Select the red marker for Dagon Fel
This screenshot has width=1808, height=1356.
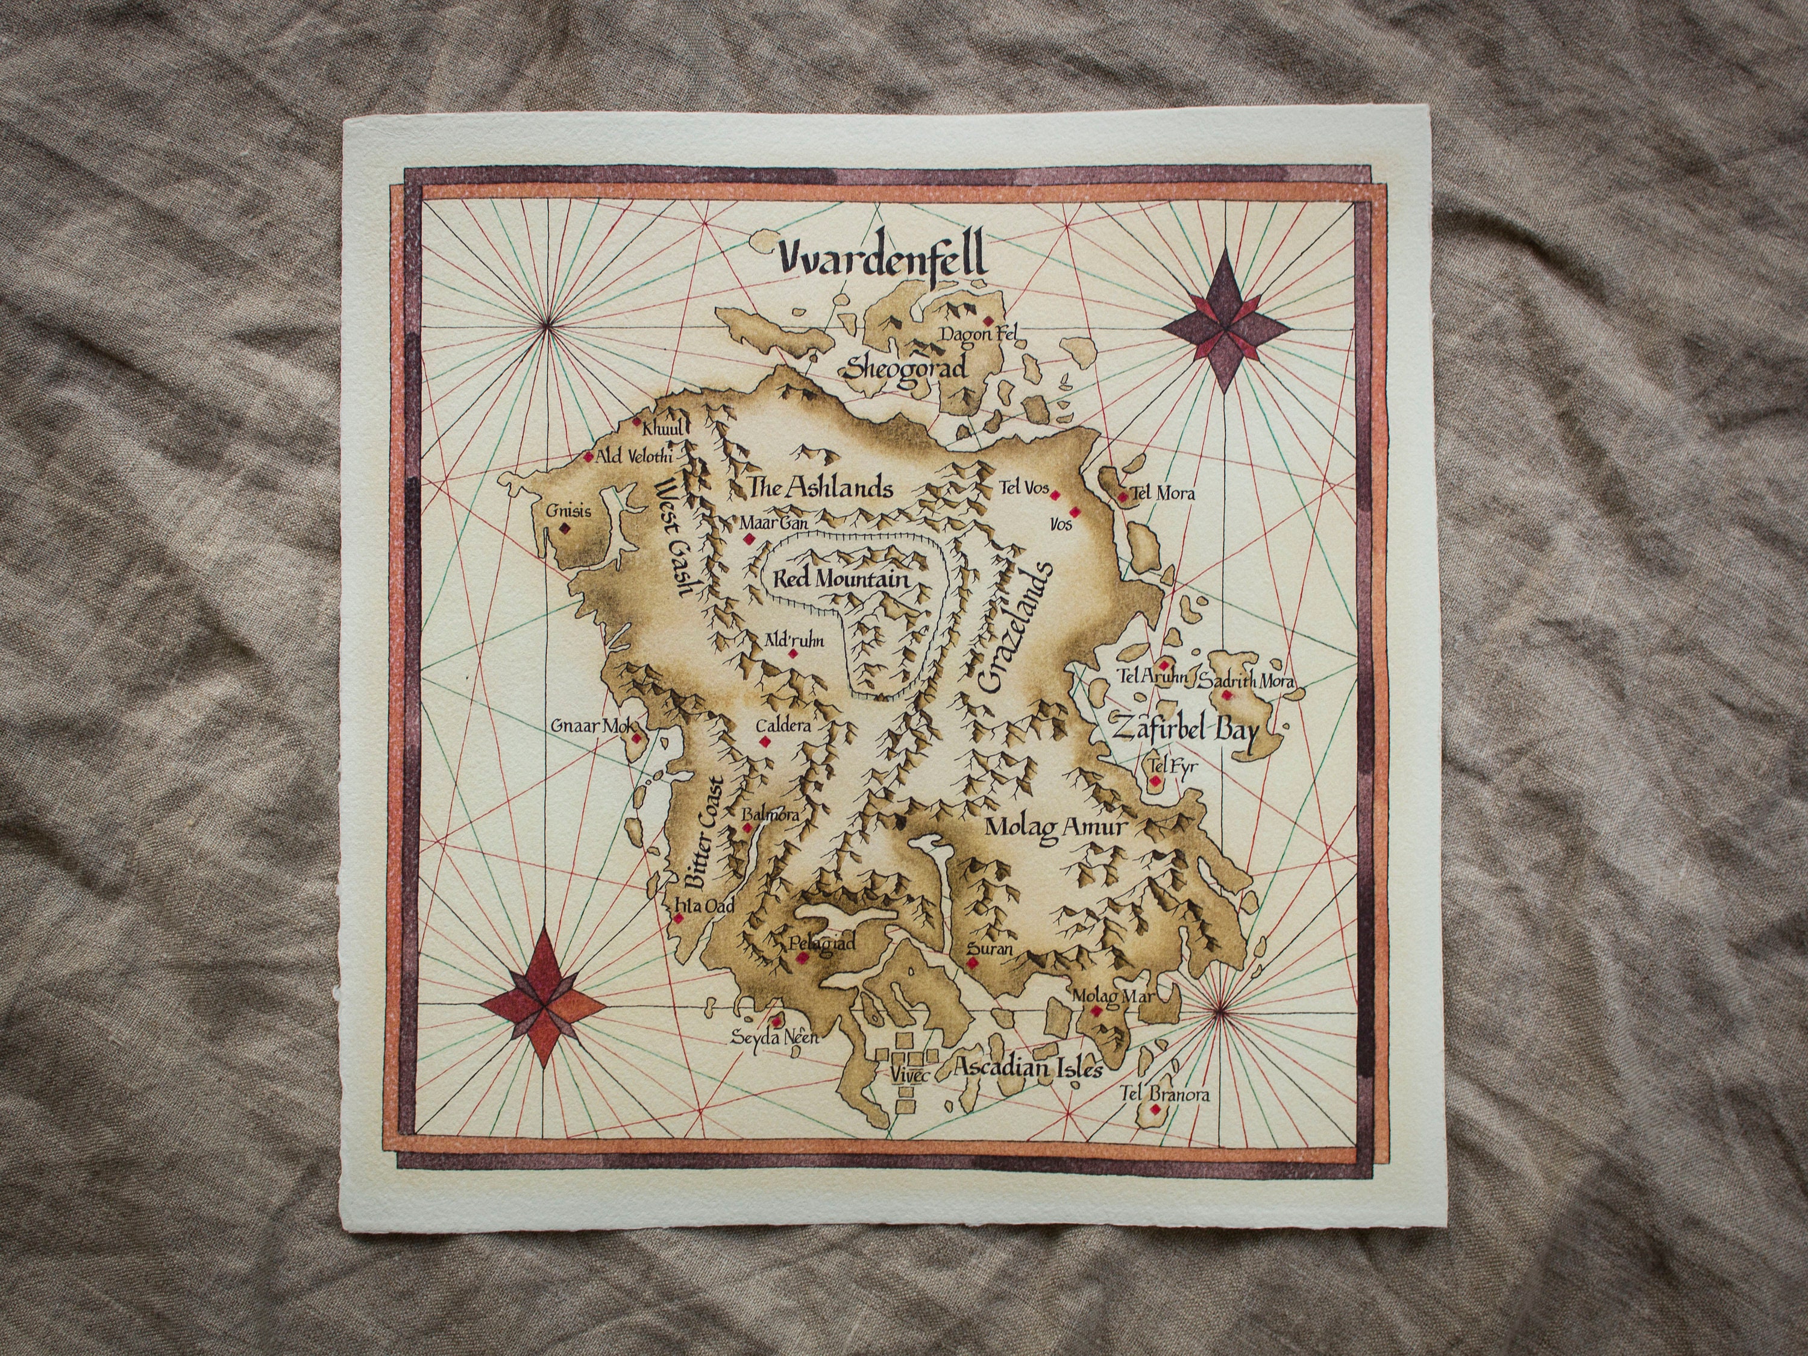coord(988,321)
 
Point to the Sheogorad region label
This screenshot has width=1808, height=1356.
coord(905,367)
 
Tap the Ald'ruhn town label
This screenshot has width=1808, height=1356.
coord(794,640)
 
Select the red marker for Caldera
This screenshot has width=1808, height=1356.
coord(765,741)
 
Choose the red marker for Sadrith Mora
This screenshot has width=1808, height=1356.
coord(1226,695)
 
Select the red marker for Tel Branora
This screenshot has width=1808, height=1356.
coord(1155,1109)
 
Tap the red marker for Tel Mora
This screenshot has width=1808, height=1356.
coord(1123,495)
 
